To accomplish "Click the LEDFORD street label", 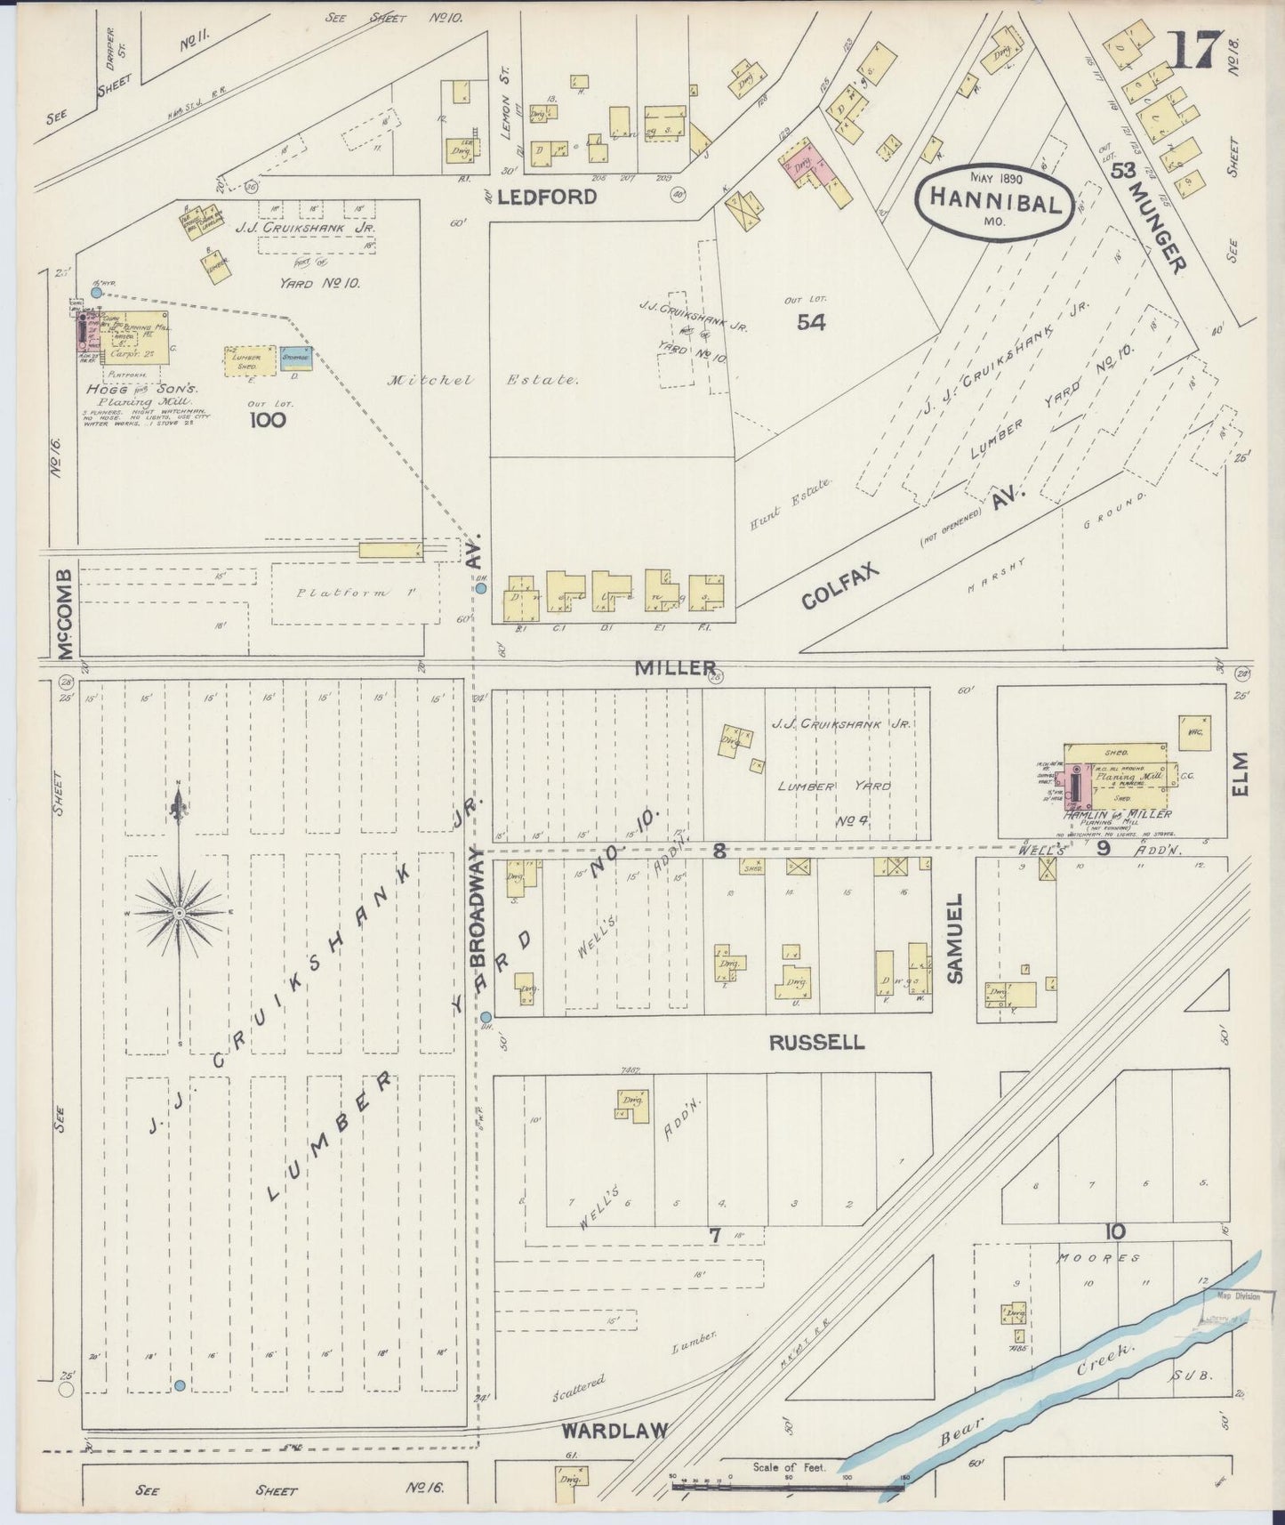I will [546, 198].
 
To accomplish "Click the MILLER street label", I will [676, 667].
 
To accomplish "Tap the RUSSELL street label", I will [816, 1042].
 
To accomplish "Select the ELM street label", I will [1241, 775].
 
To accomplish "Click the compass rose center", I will [180, 913].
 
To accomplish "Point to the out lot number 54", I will [810, 322].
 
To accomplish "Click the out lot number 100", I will [267, 418].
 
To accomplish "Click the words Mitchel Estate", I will [483, 380].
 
